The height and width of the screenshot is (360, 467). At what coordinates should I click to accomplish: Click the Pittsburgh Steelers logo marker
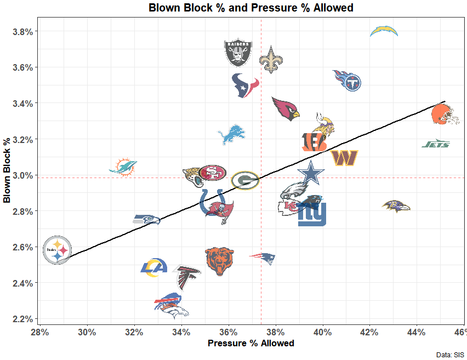pyautogui.click(x=57, y=250)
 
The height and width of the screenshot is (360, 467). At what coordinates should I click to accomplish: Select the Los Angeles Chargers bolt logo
pyautogui.click(x=384, y=31)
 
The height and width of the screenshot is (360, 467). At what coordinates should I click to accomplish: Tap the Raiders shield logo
pyautogui.click(x=238, y=53)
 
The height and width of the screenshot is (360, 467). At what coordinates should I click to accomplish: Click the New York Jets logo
pyautogui.click(x=436, y=144)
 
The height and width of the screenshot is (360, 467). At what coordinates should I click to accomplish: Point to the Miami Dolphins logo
pyautogui.click(x=123, y=166)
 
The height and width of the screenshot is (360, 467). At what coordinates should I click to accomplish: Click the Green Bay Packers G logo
pyautogui.click(x=245, y=180)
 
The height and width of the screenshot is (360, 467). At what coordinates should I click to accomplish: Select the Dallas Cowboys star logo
pyautogui.click(x=311, y=174)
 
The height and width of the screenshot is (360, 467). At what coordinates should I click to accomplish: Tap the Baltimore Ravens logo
pyautogui.click(x=396, y=207)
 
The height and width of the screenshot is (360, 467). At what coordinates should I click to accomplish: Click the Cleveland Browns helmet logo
pyautogui.click(x=445, y=115)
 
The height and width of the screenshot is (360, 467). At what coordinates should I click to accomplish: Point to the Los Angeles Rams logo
pyautogui.click(x=154, y=267)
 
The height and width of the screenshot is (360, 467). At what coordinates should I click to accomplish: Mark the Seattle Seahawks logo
pyautogui.click(x=147, y=220)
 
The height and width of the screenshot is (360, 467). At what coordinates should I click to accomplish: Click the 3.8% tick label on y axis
pyautogui.click(x=22, y=32)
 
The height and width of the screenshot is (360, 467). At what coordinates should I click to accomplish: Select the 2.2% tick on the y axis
pyautogui.click(x=22, y=319)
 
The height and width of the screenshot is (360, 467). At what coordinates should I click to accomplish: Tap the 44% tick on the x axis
pyautogui.click(x=417, y=332)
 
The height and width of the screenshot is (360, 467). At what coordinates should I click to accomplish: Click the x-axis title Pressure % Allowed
pyautogui.click(x=250, y=344)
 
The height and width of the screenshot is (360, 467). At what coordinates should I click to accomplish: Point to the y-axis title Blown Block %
pyautogui.click(x=8, y=170)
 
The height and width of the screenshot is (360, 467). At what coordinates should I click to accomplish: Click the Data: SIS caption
pyautogui.click(x=450, y=355)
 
